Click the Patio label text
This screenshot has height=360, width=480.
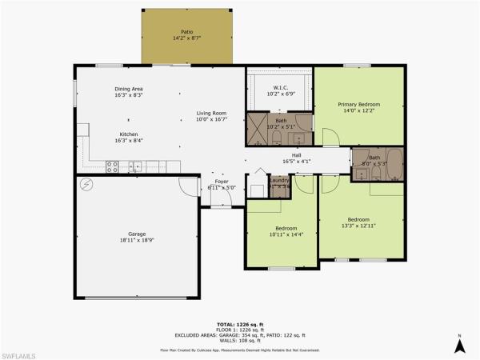click(x=186, y=33)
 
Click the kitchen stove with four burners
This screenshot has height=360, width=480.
click(x=113, y=166)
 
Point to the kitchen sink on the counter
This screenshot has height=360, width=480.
click(x=136, y=167)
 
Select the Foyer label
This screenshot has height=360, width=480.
click(x=222, y=182)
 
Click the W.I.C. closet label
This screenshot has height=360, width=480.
click(x=280, y=89)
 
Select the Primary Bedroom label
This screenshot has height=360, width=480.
click(x=358, y=105)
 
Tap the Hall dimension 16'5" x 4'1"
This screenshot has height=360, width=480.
click(x=296, y=162)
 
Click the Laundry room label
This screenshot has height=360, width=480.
click(x=280, y=181)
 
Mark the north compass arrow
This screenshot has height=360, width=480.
click(x=459, y=345)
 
